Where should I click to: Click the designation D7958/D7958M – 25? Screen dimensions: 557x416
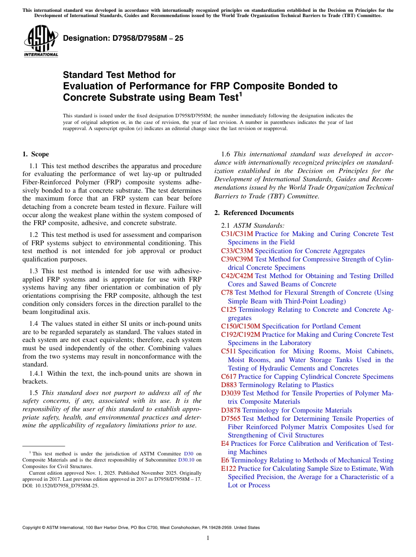pyautogui.click(x=123, y=39)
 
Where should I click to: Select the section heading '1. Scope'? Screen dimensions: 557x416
pyautogui.click(x=35, y=154)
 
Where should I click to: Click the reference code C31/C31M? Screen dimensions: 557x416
pyautogui.click(x=237, y=234)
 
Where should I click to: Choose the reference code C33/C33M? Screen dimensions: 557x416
pyautogui.click(x=237, y=251)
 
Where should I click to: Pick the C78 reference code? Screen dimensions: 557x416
pyautogui.click(x=227, y=293)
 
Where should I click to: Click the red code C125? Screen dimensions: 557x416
pyautogui.click(x=229, y=310)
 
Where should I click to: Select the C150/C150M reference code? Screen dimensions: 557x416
pyautogui.click(x=241, y=326)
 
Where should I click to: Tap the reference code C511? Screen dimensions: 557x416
pyautogui.click(x=229, y=351)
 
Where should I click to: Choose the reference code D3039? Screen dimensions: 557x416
pyautogui.click(x=231, y=393)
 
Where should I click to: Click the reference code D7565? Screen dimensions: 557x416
pyautogui.click(x=231, y=419)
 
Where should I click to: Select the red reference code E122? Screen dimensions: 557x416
pyautogui.click(x=229, y=469)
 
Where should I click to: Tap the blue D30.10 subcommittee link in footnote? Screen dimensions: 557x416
pyautogui.click(x=186, y=460)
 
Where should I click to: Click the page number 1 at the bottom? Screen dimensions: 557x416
pyautogui.click(x=208, y=538)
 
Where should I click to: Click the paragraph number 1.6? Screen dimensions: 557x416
pyautogui.click(x=226, y=154)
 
